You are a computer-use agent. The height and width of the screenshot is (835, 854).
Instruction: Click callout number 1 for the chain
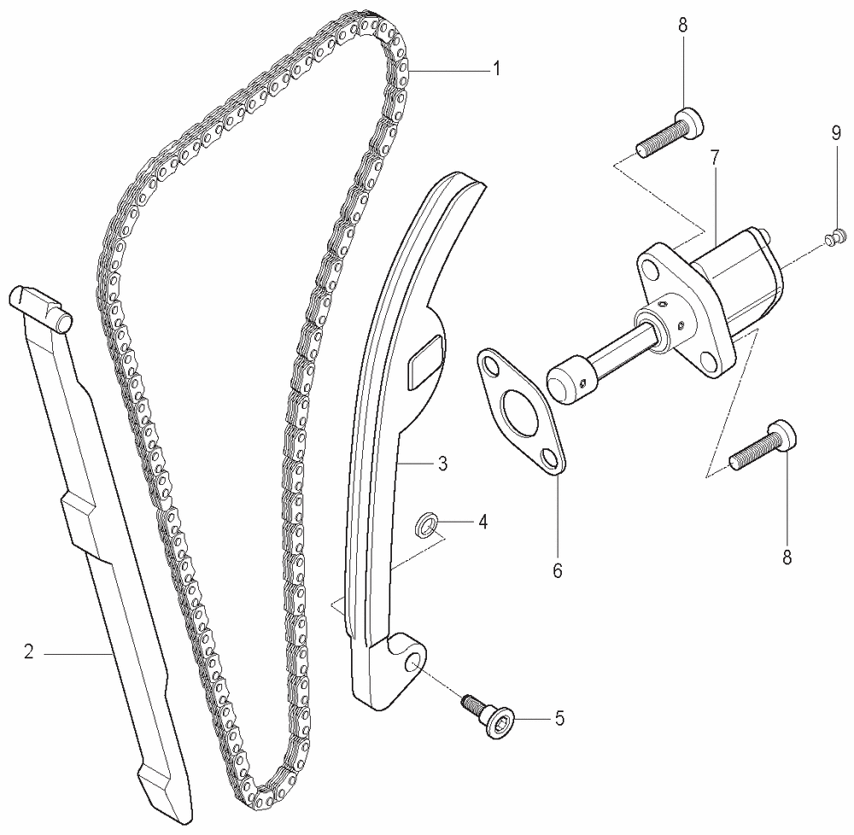tap(495, 69)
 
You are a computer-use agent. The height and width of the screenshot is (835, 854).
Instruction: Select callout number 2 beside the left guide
tap(29, 651)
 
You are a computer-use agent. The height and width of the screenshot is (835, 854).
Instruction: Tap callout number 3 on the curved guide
tap(442, 464)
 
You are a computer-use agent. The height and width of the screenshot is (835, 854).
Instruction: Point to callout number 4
tap(483, 522)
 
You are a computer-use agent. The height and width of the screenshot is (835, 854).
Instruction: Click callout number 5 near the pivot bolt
tap(560, 719)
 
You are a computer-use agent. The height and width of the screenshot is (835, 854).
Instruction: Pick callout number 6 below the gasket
tap(557, 570)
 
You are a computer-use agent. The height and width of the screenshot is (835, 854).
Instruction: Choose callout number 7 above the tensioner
tap(715, 158)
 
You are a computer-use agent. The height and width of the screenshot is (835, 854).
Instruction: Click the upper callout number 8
tap(683, 26)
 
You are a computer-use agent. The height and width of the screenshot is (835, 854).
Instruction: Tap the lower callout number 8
tap(787, 558)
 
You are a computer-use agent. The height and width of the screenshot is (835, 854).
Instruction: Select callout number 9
tap(836, 134)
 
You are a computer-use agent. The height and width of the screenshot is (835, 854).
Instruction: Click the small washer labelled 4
tap(424, 523)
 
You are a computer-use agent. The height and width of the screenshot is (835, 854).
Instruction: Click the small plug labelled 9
tap(834, 237)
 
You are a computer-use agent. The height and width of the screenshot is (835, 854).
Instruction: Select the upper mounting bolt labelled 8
tap(670, 133)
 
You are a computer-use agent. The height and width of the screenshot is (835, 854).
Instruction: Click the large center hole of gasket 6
tap(520, 406)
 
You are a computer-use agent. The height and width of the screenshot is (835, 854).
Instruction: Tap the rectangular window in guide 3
tap(425, 361)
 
